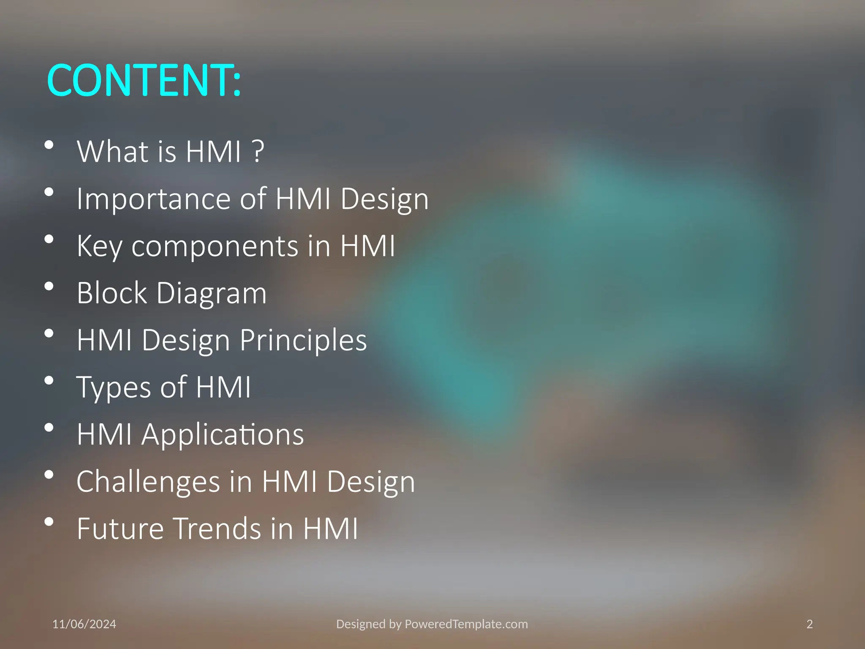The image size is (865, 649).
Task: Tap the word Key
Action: (99, 246)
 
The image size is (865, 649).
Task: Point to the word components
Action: (215, 246)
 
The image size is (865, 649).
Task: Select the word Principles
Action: (303, 340)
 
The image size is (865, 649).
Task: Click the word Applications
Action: (223, 435)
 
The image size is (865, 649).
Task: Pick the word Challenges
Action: (148, 482)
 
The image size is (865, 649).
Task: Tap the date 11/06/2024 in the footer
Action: (84, 624)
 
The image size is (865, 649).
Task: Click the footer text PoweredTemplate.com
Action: (466, 624)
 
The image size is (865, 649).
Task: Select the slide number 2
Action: (809, 624)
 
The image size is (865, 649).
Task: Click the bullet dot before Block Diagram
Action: (49, 286)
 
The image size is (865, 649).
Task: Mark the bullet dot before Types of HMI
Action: (49, 381)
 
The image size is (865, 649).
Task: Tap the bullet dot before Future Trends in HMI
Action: (49, 522)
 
